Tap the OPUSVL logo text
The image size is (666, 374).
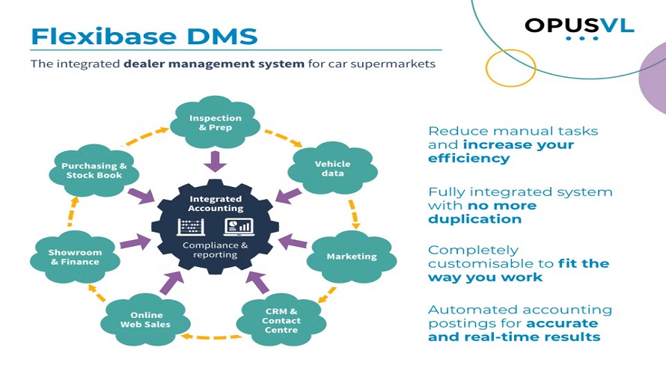coord(579,25)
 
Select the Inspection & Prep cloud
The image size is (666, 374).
coord(216,123)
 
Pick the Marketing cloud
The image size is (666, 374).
coord(351,257)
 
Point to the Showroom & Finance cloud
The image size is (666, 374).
coord(74,257)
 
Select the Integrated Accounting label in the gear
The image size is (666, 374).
coord(216,203)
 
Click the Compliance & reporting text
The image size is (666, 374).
coord(216,250)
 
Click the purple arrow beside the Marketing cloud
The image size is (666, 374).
coord(296,243)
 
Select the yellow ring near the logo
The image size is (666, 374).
coord(510,68)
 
